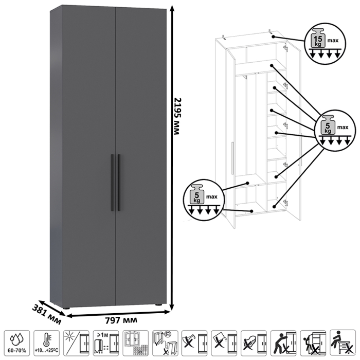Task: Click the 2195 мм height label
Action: click(x=176, y=116)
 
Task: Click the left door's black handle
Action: click(x=112, y=183)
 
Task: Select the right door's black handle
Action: click(x=119, y=183)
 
